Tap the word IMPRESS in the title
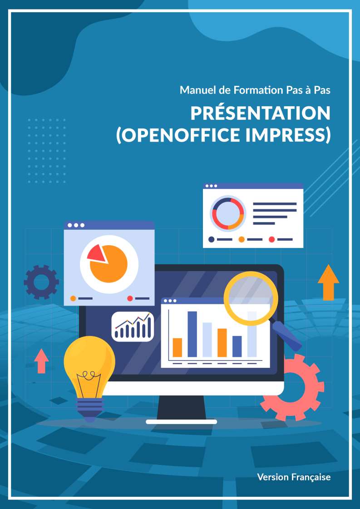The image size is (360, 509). coord(288,135)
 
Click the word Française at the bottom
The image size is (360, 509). coord(311,477)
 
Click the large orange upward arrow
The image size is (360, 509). coord(328,282)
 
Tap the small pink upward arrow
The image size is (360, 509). coord(42,361)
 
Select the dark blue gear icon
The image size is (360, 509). coord(41,282)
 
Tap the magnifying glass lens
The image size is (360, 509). coord(251,298)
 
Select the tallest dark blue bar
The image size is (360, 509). coord(192,334)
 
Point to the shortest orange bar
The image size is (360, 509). coord(177,347)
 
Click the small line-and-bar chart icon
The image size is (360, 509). coord(133,326)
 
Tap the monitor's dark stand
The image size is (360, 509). coord(181,407)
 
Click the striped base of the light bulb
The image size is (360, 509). coord(89,408)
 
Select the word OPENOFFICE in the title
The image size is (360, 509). coord(178,135)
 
